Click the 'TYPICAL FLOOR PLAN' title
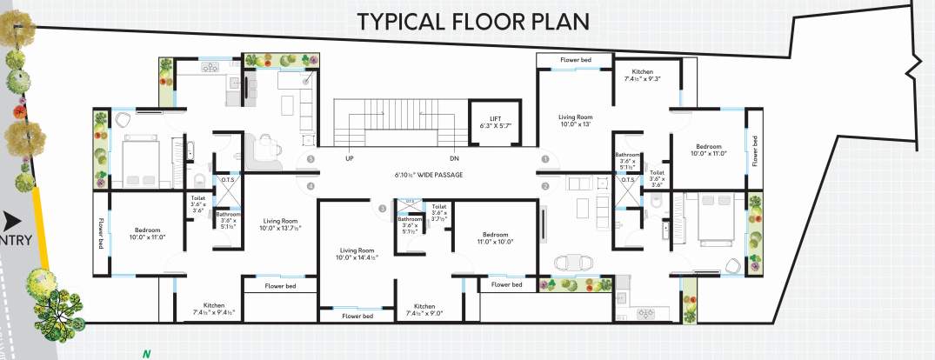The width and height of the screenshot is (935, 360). [472, 21]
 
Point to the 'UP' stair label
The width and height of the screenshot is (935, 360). [350, 159]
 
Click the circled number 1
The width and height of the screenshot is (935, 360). [545, 159]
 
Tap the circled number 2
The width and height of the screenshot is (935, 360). [545, 185]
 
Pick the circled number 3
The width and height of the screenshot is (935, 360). [381, 208]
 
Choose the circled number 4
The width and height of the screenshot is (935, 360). [311, 185]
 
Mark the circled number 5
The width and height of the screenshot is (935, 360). [311, 159]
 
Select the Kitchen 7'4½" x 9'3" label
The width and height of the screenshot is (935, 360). [642, 75]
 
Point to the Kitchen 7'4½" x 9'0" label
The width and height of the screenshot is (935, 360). [424, 310]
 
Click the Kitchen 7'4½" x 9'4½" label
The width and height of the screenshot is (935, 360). [214, 309]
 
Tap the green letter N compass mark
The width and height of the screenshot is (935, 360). [146, 353]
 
